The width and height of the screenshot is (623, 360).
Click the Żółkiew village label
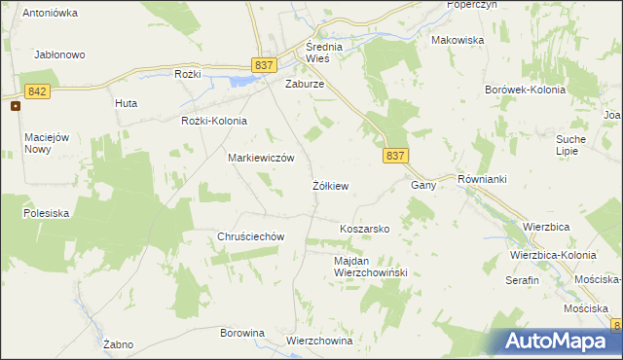click(331, 185)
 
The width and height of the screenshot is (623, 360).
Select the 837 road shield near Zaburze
click(264, 64)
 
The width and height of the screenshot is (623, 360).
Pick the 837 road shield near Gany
click(394, 156)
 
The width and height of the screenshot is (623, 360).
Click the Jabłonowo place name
click(60, 55)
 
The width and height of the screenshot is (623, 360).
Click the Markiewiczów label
click(261, 157)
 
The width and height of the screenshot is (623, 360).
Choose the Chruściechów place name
click(250, 236)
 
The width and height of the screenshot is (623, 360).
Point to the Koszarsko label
click(364, 229)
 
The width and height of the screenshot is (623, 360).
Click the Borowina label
click(242, 333)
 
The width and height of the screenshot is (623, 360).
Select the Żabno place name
click(117, 344)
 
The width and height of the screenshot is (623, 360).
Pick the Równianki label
click(483, 180)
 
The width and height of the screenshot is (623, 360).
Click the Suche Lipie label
click(570, 145)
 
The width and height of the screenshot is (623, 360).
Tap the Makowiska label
click(458, 40)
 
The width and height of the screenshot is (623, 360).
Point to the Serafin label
click(522, 279)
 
